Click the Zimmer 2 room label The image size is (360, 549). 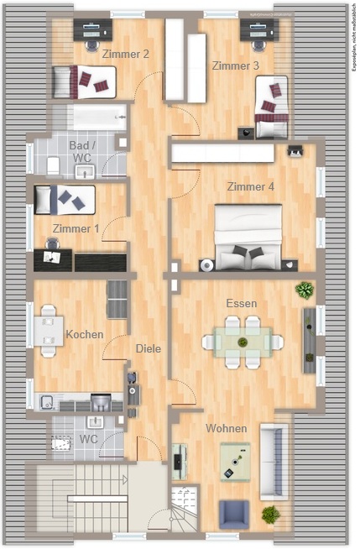(125, 54)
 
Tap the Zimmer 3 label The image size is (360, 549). (236, 65)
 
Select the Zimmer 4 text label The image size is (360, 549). (251, 186)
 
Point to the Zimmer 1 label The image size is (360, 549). (76, 228)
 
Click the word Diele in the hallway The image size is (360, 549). (149, 348)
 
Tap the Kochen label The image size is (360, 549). (85, 334)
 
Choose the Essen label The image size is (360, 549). (242, 303)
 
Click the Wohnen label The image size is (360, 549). (227, 428)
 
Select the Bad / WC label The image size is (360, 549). (82, 151)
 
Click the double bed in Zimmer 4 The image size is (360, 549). (248, 237)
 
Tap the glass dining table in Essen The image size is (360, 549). (243, 342)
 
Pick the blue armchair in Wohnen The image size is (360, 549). (234, 515)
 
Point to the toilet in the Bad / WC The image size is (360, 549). (53, 165)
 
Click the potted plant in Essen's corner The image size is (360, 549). (305, 290)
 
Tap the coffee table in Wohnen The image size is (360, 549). (235, 462)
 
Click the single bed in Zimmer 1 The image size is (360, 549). (65, 200)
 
